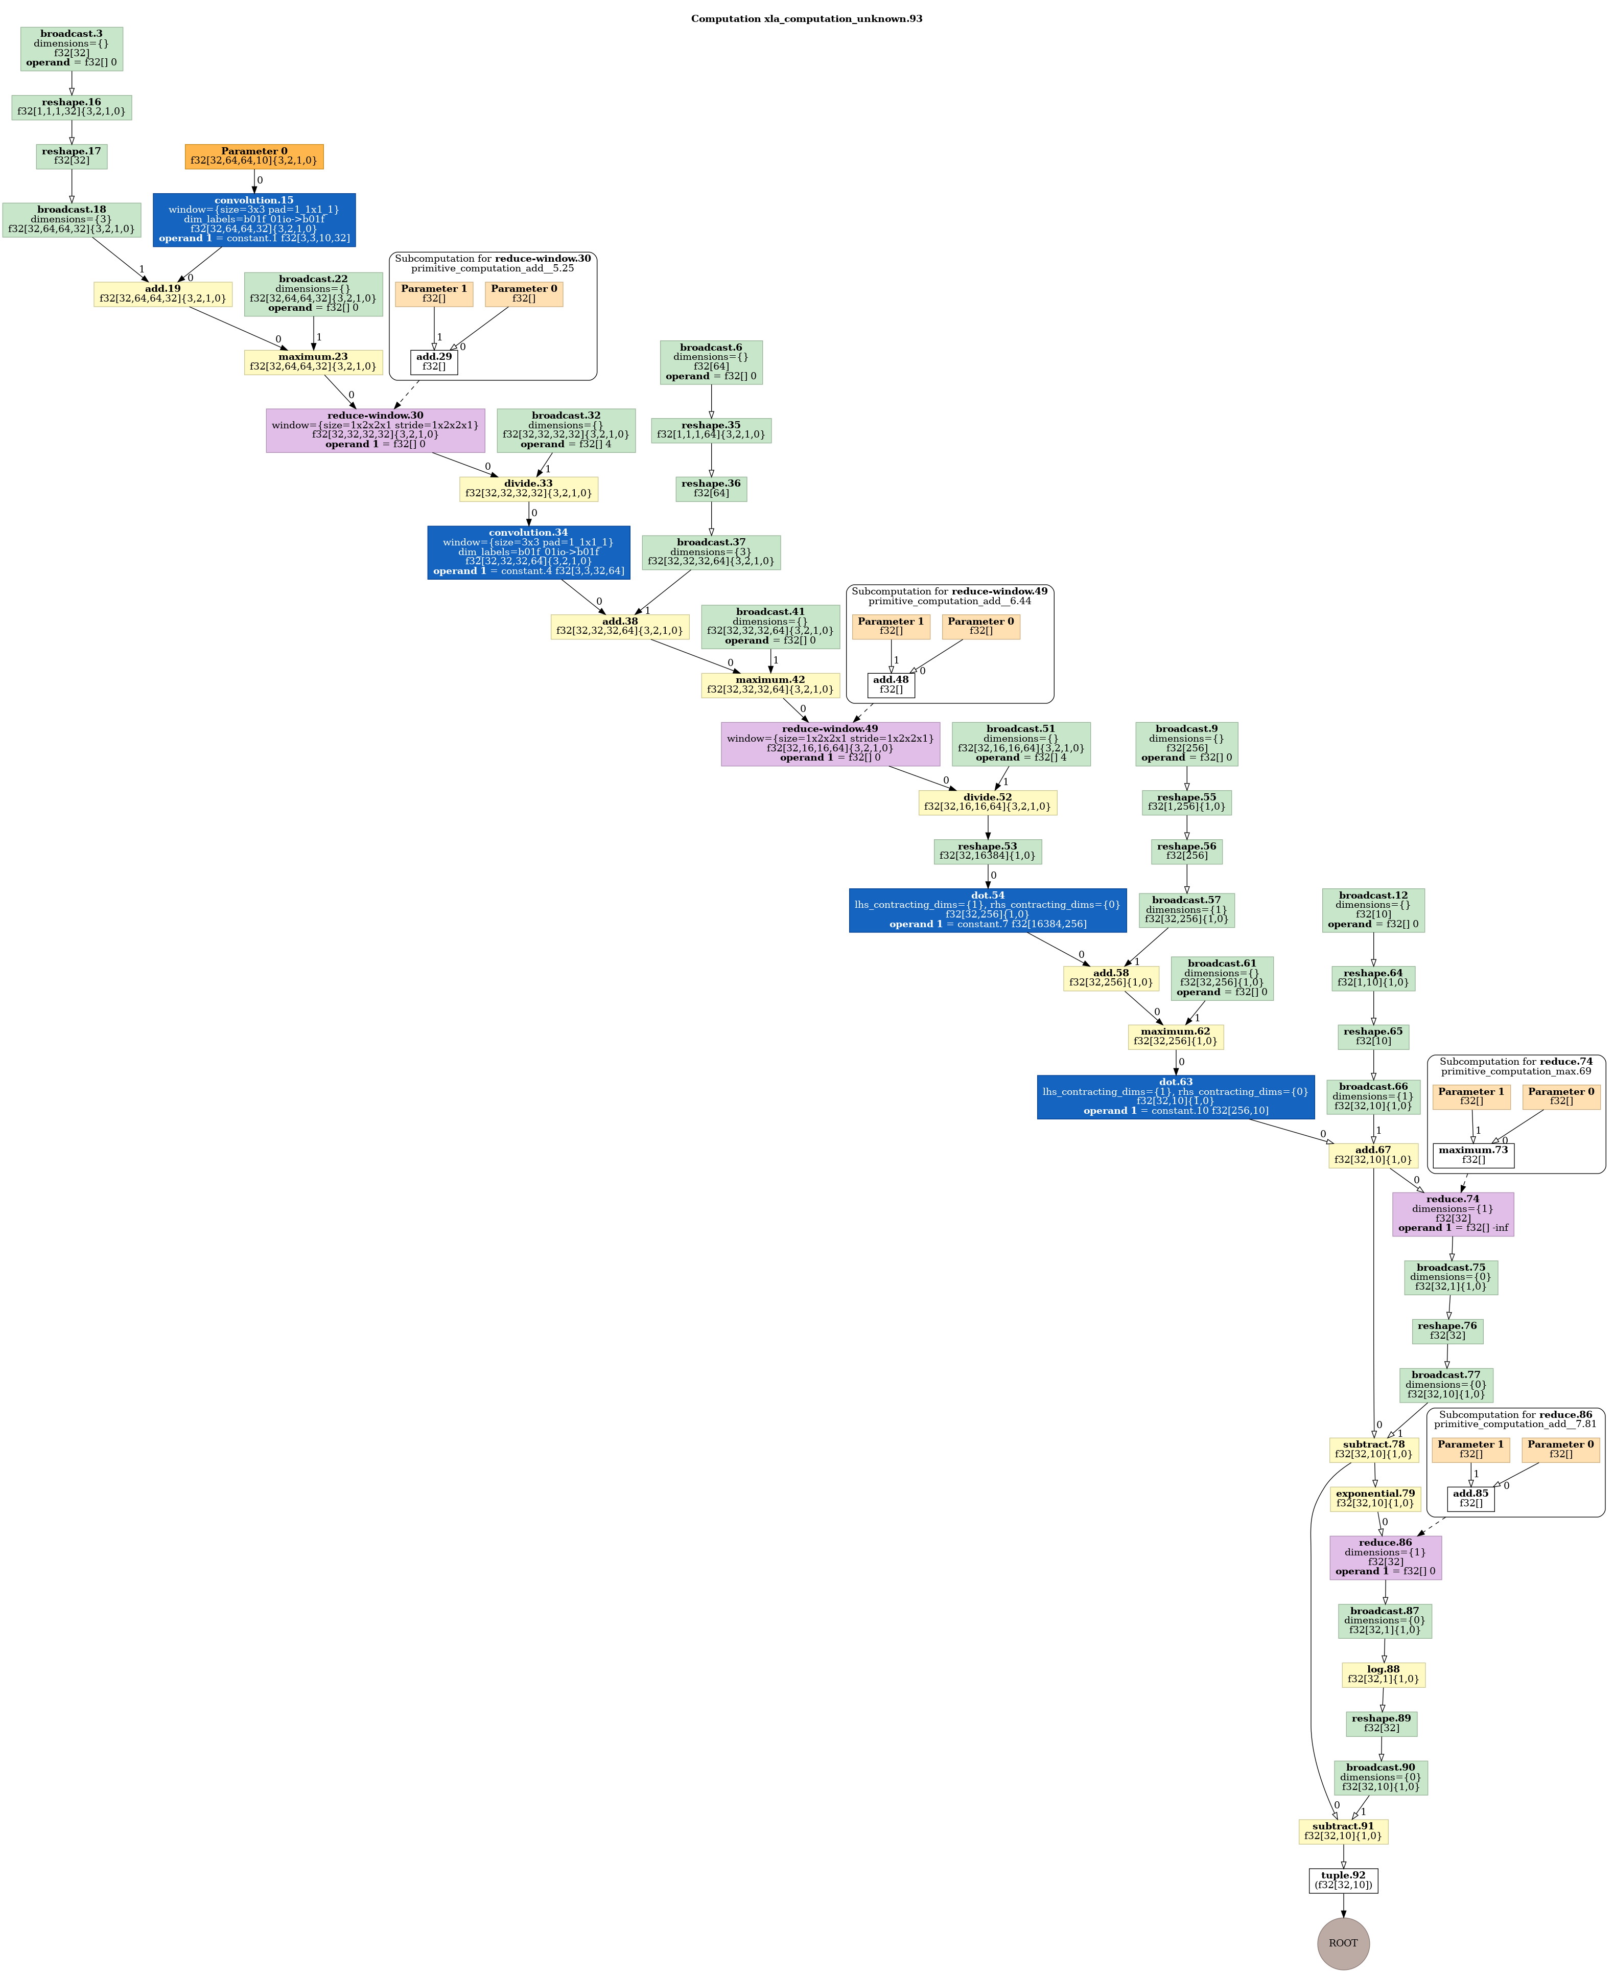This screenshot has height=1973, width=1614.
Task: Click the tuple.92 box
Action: (x=1343, y=1880)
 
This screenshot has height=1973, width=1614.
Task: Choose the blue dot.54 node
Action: (x=988, y=910)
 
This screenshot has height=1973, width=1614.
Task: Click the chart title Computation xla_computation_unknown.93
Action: (x=806, y=18)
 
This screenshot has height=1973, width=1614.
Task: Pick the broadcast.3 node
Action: (x=72, y=49)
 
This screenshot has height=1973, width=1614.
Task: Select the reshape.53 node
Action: (x=988, y=851)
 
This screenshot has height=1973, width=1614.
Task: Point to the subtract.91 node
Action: (x=1343, y=1831)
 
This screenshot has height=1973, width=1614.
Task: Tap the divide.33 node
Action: (x=528, y=488)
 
